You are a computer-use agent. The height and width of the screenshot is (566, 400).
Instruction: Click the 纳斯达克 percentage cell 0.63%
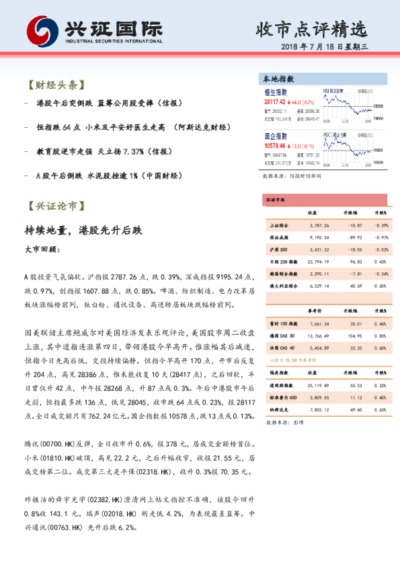380,409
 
